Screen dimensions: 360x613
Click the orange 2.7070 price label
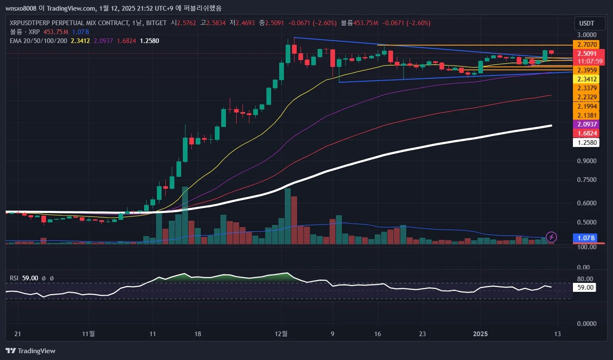(x=587, y=45)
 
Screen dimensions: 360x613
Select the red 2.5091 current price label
(x=587, y=54)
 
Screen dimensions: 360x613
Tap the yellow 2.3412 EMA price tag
(x=587, y=79)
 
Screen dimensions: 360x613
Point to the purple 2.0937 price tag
(x=587, y=124)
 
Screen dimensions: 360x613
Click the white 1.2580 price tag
(x=587, y=143)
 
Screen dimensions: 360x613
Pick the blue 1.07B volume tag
(x=587, y=238)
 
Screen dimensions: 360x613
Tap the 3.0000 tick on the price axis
(x=587, y=35)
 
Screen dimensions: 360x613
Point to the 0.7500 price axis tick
(x=587, y=180)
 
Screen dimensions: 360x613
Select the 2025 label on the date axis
(x=480, y=334)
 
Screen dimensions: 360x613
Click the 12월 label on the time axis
(x=281, y=334)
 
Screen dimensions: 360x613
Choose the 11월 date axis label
(x=88, y=334)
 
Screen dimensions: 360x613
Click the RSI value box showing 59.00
(x=585, y=288)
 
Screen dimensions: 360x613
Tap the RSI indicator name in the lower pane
(x=14, y=278)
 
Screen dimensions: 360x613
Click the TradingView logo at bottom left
(x=31, y=351)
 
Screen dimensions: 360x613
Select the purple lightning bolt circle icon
(x=551, y=237)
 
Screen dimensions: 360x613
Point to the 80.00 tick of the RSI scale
(x=585, y=279)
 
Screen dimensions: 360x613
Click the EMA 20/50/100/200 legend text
(x=38, y=41)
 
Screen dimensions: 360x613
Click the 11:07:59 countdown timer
(x=590, y=61)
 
